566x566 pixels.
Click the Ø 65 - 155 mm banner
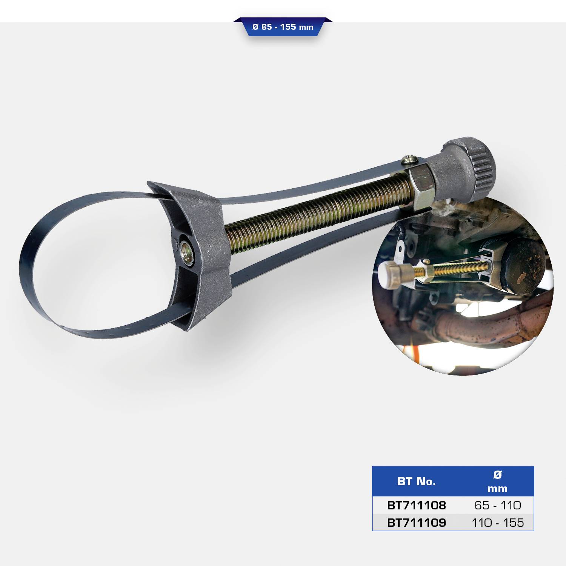click(283, 27)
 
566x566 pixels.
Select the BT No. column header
click(416, 481)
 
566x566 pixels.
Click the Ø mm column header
click(497, 481)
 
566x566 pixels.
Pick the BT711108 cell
click(417, 505)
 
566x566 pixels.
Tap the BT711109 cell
click(417, 523)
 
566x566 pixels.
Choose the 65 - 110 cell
click(498, 505)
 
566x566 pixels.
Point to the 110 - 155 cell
click(498, 523)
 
